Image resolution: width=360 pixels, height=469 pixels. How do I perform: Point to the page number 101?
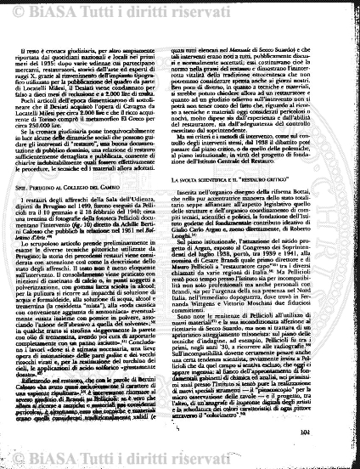[x=331, y=456]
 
